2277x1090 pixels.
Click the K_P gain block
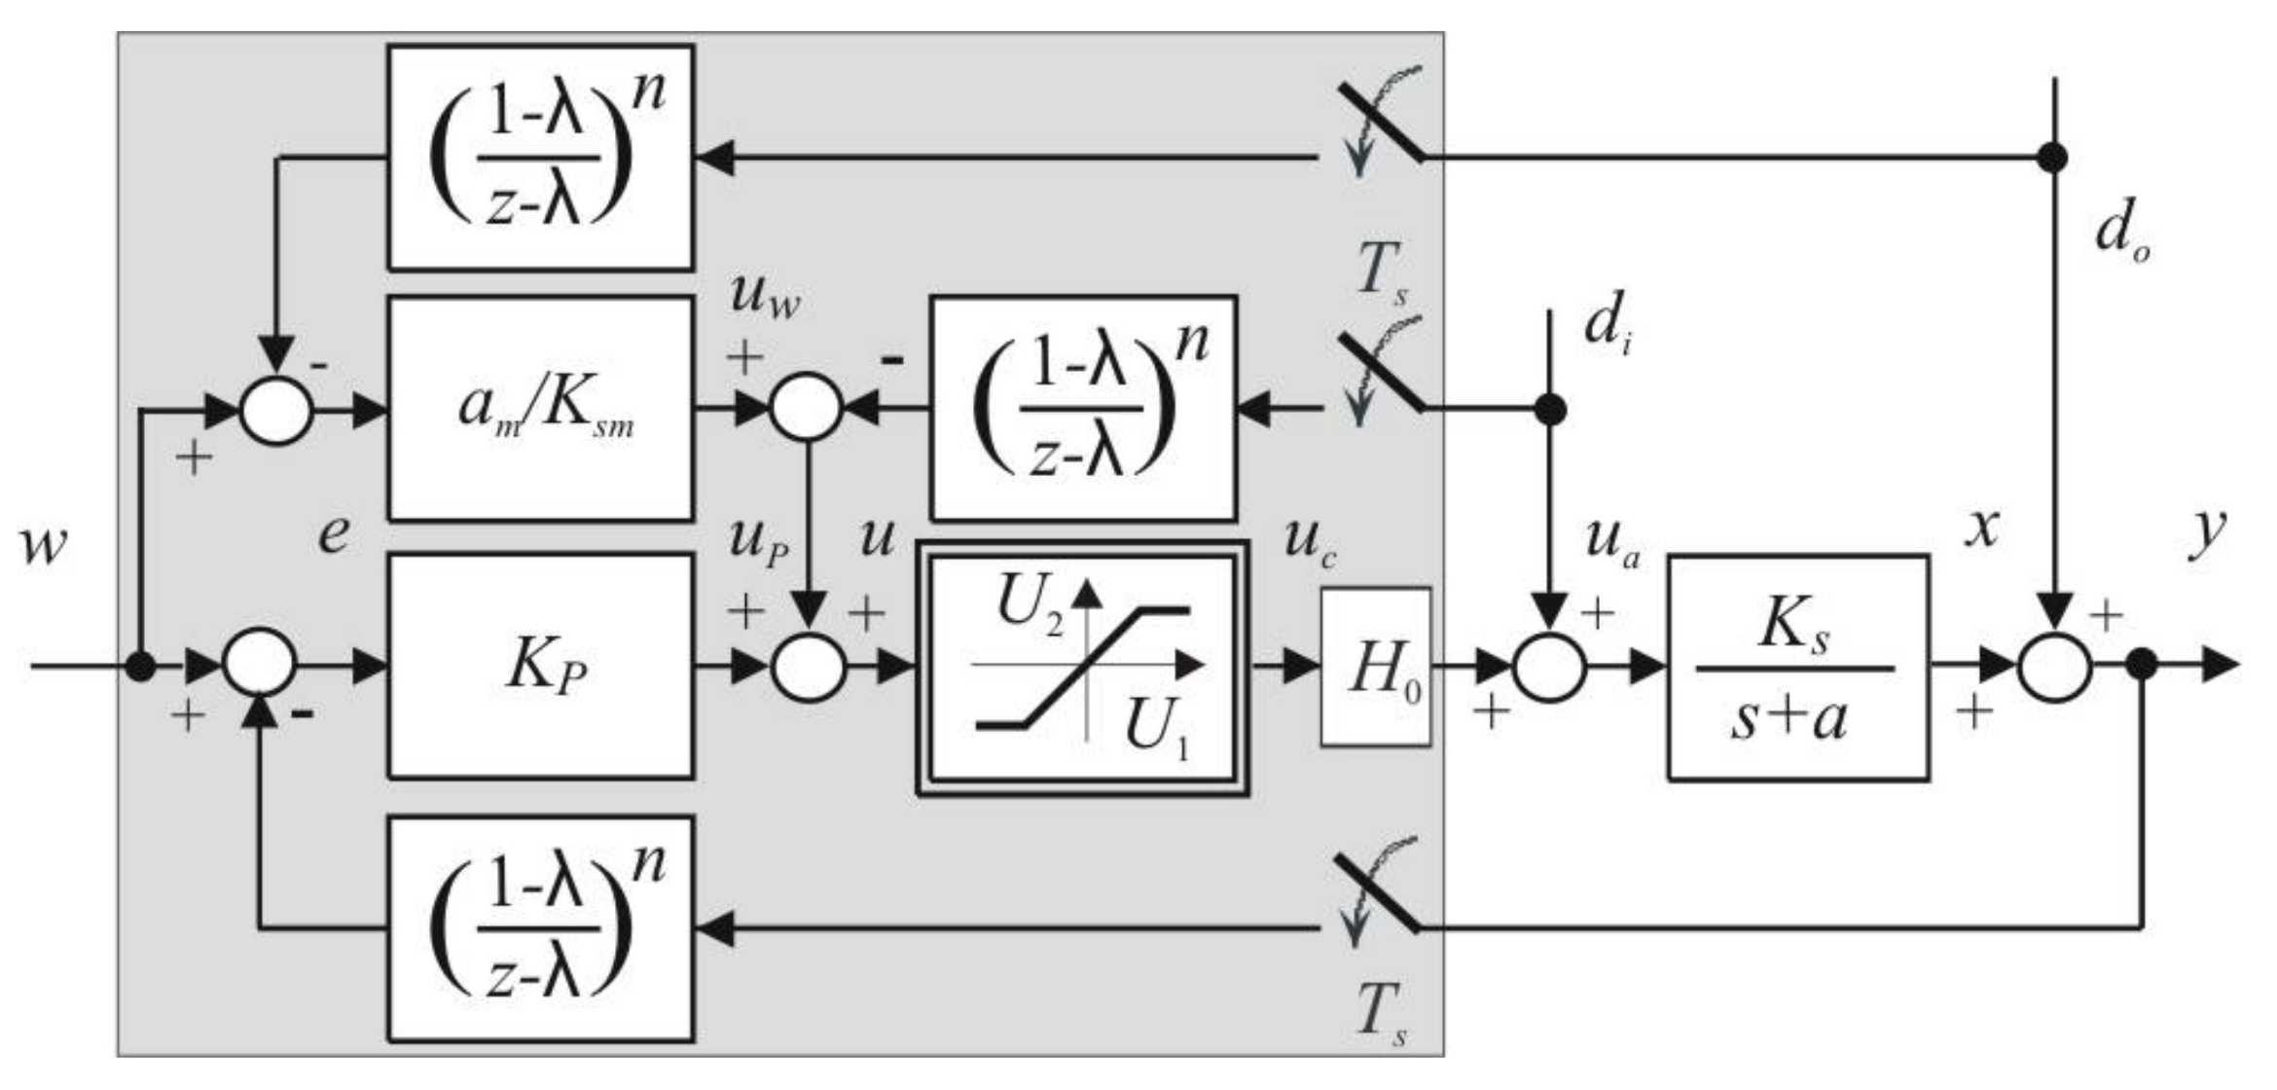coord(541,667)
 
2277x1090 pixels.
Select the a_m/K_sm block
coord(541,409)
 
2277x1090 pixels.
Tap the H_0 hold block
coord(1375,668)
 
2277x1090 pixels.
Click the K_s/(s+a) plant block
coord(1798,668)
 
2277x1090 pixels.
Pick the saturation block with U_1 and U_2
coord(1082,668)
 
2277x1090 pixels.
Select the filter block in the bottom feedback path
coord(541,928)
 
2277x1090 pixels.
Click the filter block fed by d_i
coord(1083,409)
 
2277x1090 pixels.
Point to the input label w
coord(44,543)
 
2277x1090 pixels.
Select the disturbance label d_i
coord(1606,326)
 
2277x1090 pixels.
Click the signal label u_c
coord(1309,540)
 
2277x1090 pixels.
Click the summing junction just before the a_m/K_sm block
coord(276,410)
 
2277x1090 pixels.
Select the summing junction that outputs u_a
coord(1549,668)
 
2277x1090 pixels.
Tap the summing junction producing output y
coord(2054,668)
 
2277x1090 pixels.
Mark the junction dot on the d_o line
coord(2052,158)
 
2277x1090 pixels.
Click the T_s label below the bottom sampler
coord(1382,1012)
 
